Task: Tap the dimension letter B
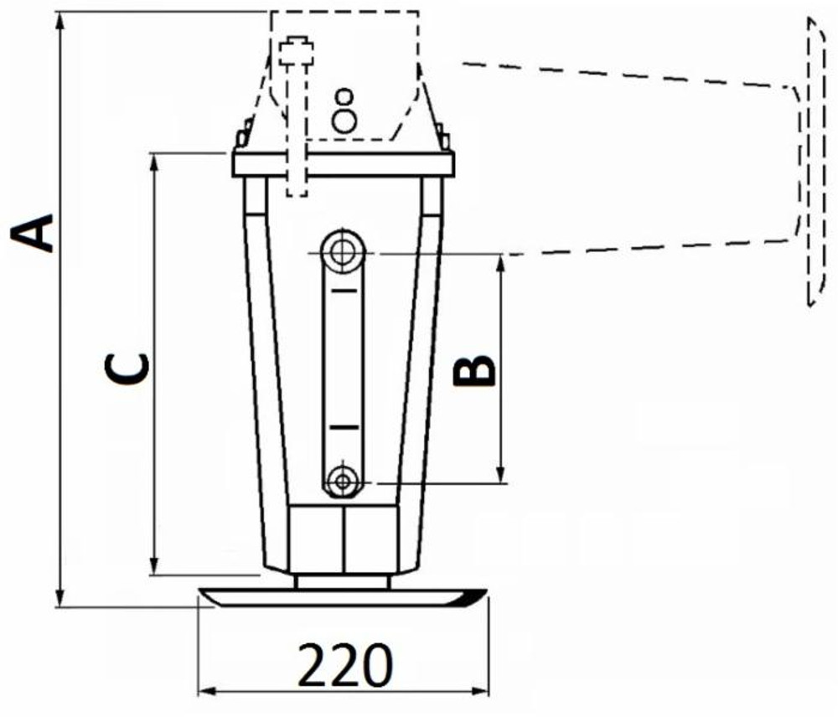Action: coord(474,369)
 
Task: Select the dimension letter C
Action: coord(127,369)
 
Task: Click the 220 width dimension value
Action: coord(345,666)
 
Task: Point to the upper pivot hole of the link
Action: coord(341,250)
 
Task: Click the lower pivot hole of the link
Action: coord(342,481)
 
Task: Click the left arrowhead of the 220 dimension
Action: coord(204,691)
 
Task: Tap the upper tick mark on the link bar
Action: coord(342,290)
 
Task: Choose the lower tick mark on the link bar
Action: coord(342,427)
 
